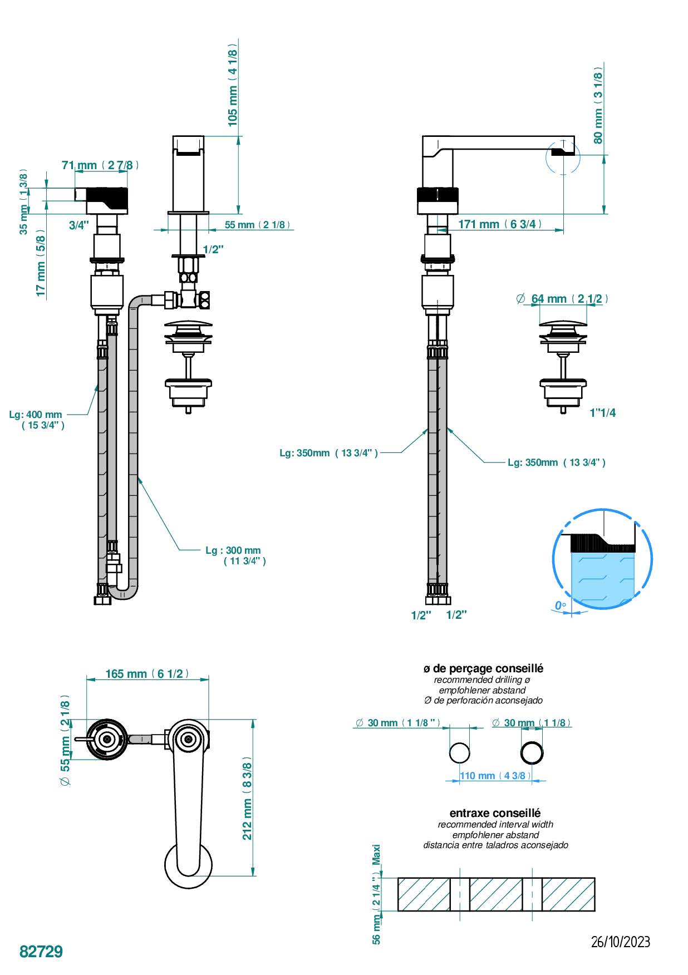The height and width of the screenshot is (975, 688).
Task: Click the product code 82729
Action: pyautogui.click(x=41, y=951)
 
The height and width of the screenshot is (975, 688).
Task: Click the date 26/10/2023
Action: pyautogui.click(x=620, y=942)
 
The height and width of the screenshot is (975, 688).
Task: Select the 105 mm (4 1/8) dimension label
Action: pyautogui.click(x=233, y=88)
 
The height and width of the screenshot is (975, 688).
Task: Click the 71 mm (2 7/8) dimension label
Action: pyautogui.click(x=100, y=165)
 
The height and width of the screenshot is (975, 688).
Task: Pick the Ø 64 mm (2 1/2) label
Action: pyautogui.click(x=562, y=299)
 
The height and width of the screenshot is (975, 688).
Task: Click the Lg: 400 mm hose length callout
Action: pyautogui.click(x=37, y=420)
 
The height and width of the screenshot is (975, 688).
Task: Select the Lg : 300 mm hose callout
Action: pyautogui.click(x=235, y=555)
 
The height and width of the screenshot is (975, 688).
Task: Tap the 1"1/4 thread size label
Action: pyautogui.click(x=603, y=413)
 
